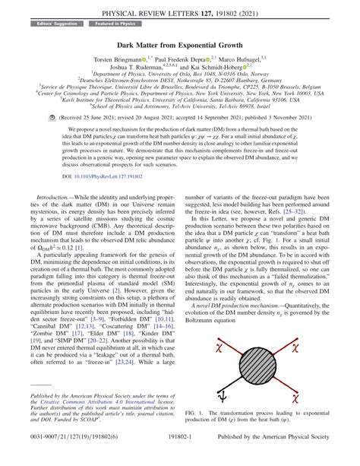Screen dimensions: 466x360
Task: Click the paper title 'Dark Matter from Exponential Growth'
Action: pos(179,45)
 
